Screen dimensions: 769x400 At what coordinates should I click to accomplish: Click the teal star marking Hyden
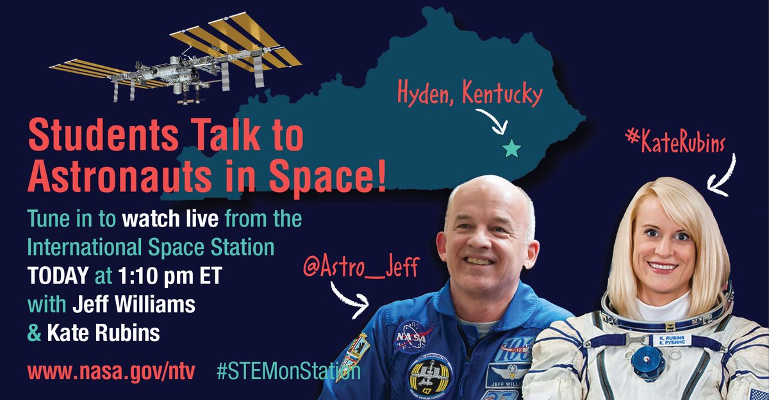click(511, 148)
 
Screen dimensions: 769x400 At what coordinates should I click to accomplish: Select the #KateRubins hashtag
click(675, 142)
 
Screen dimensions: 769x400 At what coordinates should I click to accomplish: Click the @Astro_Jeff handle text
click(361, 268)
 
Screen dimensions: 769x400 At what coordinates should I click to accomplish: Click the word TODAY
click(58, 276)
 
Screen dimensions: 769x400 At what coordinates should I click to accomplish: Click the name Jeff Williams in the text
click(134, 304)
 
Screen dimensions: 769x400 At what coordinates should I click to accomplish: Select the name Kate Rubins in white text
click(103, 332)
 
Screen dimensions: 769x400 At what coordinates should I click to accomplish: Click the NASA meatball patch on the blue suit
click(412, 336)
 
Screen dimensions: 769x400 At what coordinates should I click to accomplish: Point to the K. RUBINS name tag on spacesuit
click(672, 340)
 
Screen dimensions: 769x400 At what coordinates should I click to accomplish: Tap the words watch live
click(170, 219)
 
